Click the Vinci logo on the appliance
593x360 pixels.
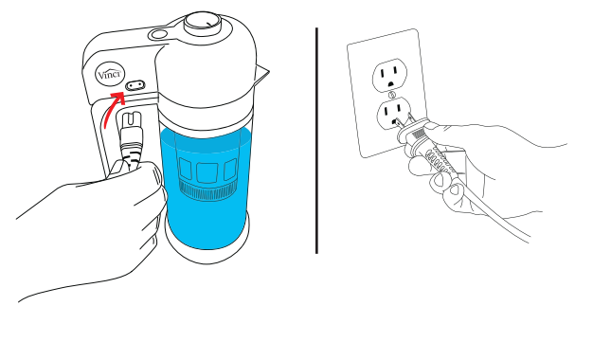110,73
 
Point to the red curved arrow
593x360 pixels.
111,109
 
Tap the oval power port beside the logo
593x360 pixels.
135,85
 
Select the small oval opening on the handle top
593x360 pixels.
158,34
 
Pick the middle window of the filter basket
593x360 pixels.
207,172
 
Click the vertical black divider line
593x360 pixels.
316,140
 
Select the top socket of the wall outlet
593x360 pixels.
390,74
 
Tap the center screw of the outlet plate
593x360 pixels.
392,95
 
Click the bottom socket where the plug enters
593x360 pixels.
393,113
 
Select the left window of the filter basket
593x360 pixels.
185,169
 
